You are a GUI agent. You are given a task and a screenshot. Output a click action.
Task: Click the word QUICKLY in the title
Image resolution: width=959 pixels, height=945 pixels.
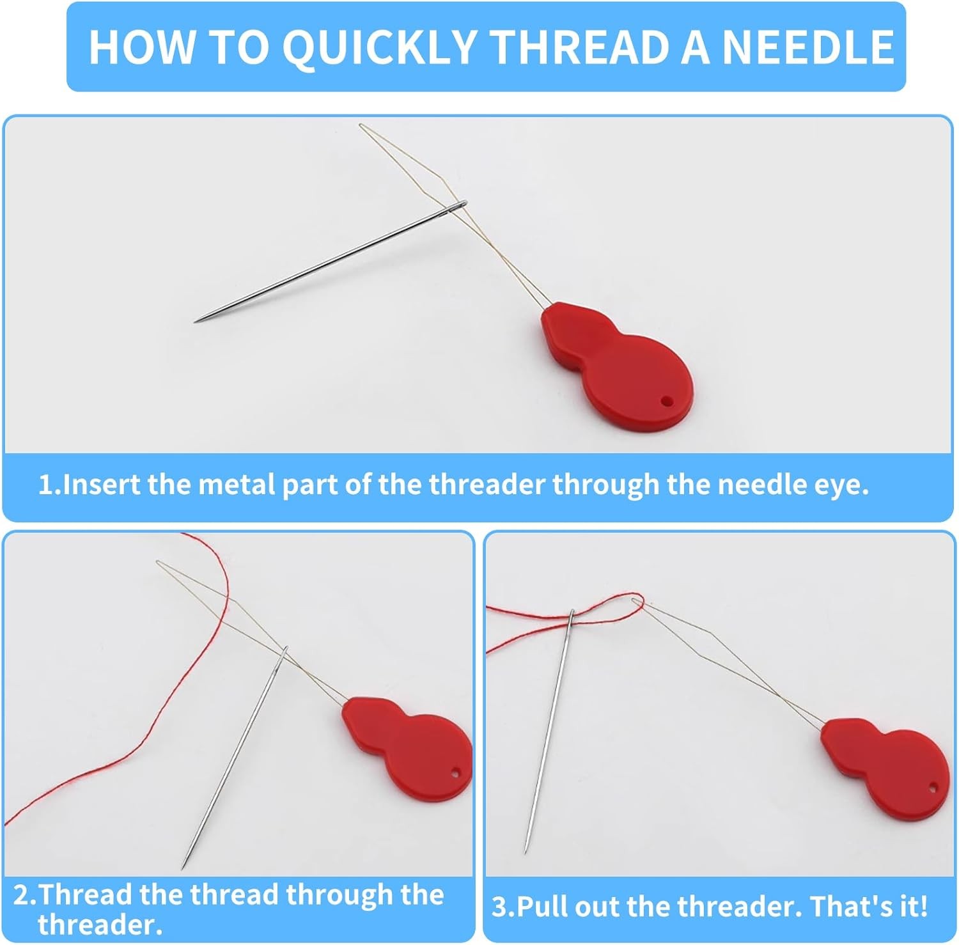click(380, 47)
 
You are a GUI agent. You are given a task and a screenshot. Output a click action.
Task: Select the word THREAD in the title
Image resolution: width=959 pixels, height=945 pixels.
click(580, 47)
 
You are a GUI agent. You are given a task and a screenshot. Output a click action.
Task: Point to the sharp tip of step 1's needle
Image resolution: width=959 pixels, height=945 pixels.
click(196, 321)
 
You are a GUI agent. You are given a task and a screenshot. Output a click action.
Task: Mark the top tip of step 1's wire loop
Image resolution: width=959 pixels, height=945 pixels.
click(361, 125)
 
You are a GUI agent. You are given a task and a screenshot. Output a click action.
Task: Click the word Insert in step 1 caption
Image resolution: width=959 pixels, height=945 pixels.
click(102, 485)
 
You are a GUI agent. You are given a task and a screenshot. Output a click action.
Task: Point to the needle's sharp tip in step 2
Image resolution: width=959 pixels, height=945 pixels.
click(183, 868)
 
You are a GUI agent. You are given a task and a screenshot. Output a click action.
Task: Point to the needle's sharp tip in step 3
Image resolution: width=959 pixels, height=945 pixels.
click(526, 852)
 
